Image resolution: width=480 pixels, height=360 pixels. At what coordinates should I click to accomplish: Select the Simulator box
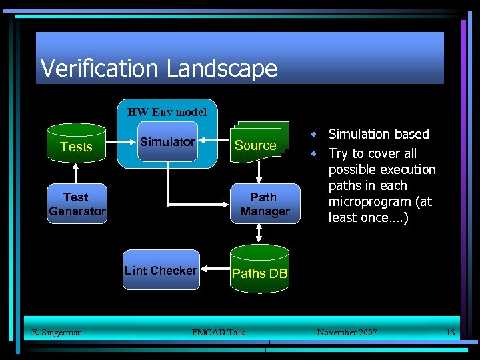point(167,141)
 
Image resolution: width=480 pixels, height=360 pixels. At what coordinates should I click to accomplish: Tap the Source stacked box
point(255,145)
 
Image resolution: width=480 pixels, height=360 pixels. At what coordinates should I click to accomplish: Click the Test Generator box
point(77,203)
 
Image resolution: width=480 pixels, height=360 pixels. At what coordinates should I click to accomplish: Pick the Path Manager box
point(265,203)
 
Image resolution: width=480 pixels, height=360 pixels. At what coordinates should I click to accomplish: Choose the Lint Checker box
point(161,270)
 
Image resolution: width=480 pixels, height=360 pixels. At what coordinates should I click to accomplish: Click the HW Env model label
point(167,111)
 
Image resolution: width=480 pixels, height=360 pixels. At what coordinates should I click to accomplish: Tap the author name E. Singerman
point(57,332)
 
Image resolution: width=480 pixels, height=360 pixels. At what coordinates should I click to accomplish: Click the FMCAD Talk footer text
point(218,332)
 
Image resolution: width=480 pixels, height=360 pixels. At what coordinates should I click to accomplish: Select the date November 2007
point(347,332)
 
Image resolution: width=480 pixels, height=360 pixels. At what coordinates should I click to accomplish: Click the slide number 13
point(450,332)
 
